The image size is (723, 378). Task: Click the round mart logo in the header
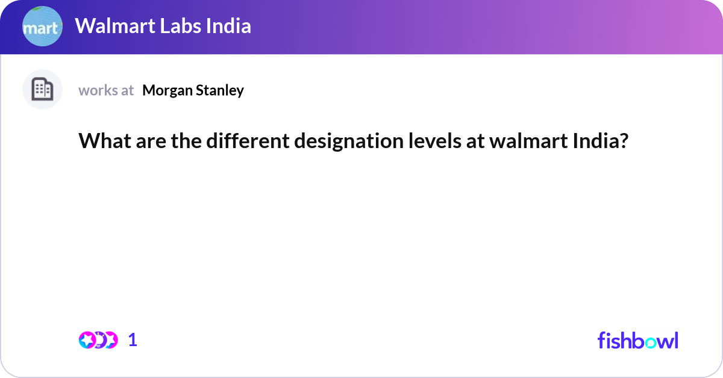pyautogui.click(x=42, y=27)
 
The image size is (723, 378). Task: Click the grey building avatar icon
pyautogui.click(x=42, y=90)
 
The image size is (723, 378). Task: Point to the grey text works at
pyautogui.click(x=106, y=90)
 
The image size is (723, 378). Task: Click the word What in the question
pyautogui.click(x=99, y=141)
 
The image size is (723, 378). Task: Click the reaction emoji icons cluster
pyautogui.click(x=98, y=340)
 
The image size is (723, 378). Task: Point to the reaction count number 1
pyautogui.click(x=133, y=340)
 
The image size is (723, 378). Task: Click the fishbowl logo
pyautogui.click(x=637, y=340)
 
